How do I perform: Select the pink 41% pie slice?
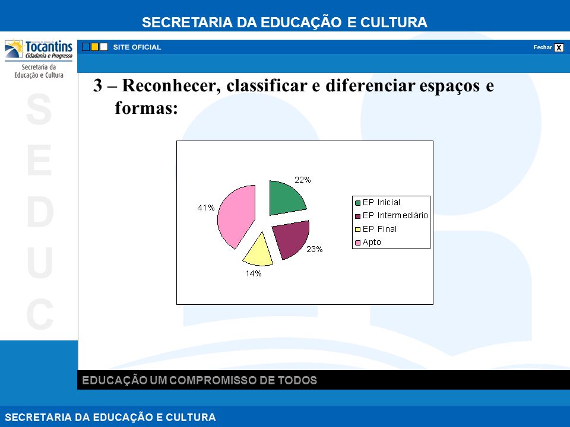click(x=236, y=216)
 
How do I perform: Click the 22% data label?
click(x=302, y=180)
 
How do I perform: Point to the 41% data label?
click(x=206, y=208)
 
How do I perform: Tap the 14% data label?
click(x=254, y=273)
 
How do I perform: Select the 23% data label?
click(x=315, y=249)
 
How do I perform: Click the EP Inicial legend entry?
click(x=378, y=203)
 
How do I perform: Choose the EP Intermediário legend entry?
click(x=391, y=216)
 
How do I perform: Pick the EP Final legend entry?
click(x=375, y=229)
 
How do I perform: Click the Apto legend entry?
click(x=368, y=242)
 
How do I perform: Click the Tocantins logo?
click(x=39, y=50)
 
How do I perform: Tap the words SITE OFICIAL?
click(x=137, y=47)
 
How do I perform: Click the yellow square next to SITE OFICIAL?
click(x=95, y=47)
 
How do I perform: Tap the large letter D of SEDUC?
click(x=40, y=212)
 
